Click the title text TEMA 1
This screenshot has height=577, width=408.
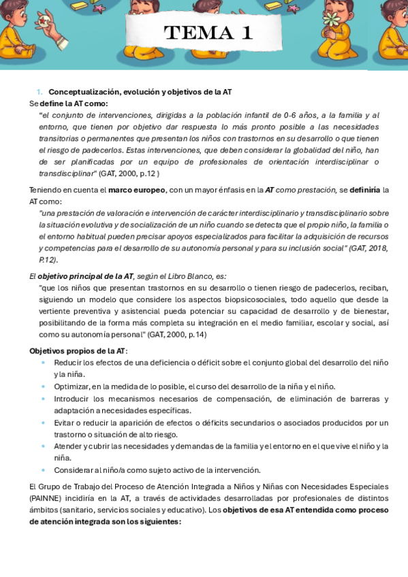pos(208,33)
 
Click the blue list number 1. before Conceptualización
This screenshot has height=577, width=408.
pos(40,92)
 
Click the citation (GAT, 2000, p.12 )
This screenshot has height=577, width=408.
pos(129,173)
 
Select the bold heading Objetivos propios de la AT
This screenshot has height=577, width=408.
pos(78,351)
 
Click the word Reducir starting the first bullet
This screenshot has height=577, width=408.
pos(68,363)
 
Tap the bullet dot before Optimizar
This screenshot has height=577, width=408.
pos(44,386)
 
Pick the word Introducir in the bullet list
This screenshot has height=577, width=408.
pos(72,399)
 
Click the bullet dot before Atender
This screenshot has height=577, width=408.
pos(44,446)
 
